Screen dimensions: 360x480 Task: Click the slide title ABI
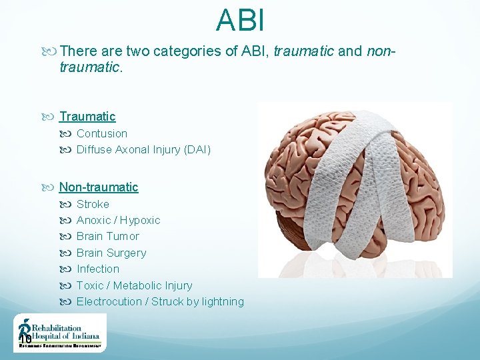tap(240, 20)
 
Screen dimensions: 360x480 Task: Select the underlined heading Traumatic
tap(87, 117)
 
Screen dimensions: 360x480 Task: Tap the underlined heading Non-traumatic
tap(99, 187)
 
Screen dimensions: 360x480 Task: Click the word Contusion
tap(102, 133)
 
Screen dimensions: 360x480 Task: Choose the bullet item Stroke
tap(93, 204)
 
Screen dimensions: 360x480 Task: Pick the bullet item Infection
tap(98, 269)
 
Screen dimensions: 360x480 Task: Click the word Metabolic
tap(137, 285)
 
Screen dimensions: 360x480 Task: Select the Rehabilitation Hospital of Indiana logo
tap(59, 333)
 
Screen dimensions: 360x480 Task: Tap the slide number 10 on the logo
tap(25, 339)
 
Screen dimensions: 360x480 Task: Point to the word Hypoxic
tap(141, 220)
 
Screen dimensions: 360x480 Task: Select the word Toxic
tap(90, 285)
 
